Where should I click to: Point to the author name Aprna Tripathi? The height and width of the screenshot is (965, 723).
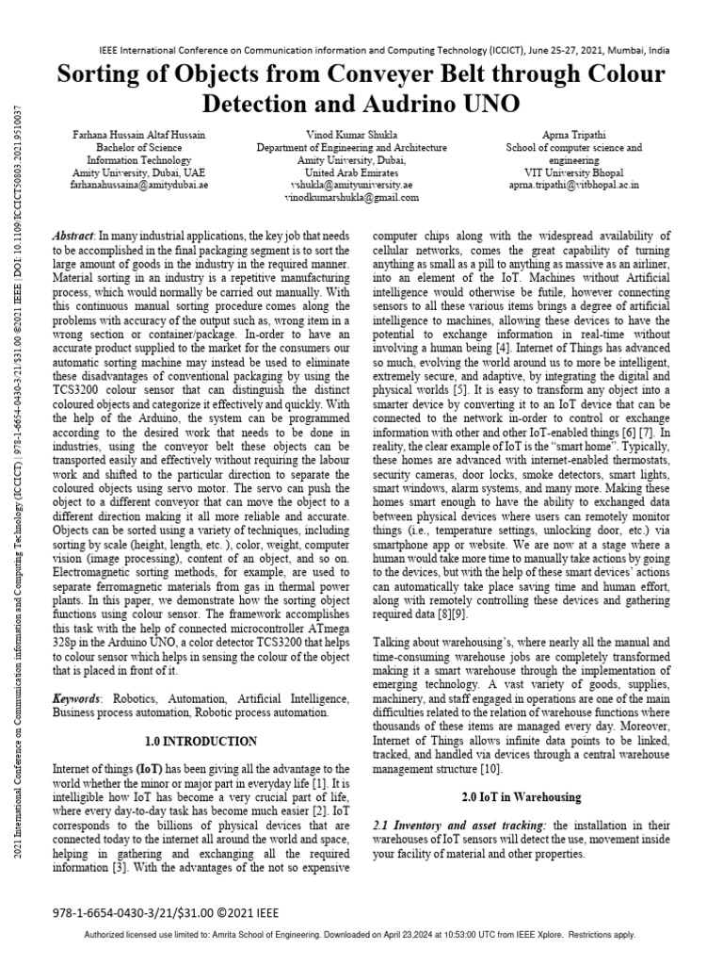(x=573, y=136)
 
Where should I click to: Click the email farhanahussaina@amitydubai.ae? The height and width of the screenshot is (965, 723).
(x=139, y=186)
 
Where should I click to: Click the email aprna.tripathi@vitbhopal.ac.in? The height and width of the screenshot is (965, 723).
(x=573, y=186)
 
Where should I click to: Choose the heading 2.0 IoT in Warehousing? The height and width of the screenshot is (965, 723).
(x=522, y=797)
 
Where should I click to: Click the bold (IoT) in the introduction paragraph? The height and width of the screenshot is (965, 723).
(x=154, y=770)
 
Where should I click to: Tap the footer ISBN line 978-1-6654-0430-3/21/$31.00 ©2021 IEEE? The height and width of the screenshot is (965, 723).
(x=166, y=912)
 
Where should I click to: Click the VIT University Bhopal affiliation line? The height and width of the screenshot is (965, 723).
(x=573, y=173)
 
